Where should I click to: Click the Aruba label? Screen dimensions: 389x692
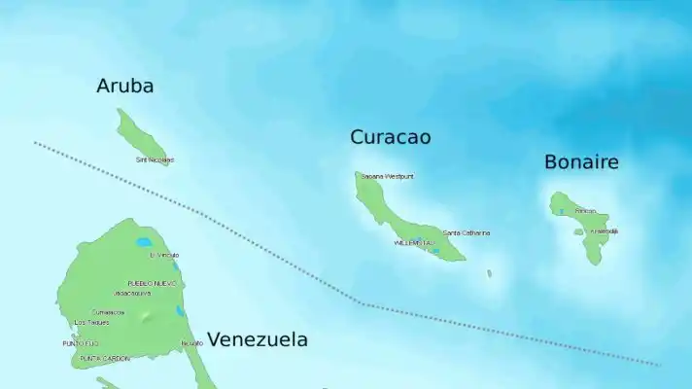click(124, 86)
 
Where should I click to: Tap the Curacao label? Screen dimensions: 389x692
click(390, 137)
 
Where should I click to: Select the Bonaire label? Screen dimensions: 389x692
click(581, 162)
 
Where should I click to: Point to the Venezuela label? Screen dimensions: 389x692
click(258, 339)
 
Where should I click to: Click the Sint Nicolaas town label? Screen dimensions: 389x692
click(155, 159)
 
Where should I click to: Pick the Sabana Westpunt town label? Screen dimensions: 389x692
click(387, 177)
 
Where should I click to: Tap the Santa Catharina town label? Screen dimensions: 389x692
click(467, 233)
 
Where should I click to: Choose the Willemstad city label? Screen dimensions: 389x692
click(413, 242)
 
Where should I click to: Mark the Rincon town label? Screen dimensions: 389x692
click(585, 211)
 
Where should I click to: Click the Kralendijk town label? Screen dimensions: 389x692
click(604, 231)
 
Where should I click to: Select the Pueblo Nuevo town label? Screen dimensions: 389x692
click(153, 283)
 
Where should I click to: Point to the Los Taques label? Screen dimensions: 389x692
click(91, 322)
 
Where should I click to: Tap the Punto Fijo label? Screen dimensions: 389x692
click(81, 343)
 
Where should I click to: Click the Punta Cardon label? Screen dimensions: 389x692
click(105, 358)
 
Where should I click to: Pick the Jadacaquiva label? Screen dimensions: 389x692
click(132, 292)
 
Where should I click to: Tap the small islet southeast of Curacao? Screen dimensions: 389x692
click(489, 273)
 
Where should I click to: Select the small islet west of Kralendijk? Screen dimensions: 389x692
click(578, 232)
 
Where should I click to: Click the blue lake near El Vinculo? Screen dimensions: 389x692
click(145, 242)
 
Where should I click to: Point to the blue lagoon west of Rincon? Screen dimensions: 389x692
click(561, 211)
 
